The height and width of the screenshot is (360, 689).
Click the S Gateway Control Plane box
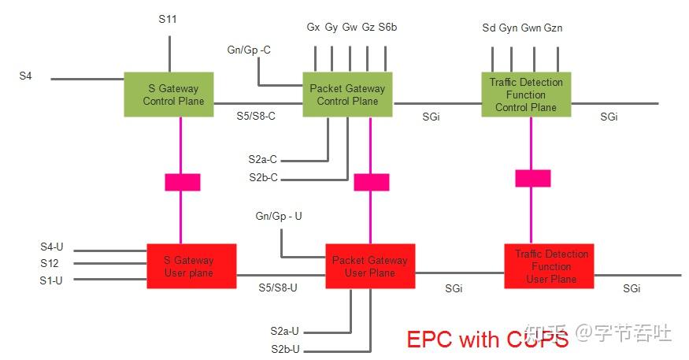click(169, 95)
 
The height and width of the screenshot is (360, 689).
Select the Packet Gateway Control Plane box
click(347, 95)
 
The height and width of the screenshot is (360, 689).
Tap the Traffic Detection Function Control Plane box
click(526, 95)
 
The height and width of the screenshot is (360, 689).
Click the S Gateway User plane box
click(191, 266)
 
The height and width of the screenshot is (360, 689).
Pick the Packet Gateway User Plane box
click(369, 266)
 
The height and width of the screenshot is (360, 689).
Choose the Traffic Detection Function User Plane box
click(549, 266)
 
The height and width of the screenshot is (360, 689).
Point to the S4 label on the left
click(25, 76)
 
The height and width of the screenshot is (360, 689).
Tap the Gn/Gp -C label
click(249, 50)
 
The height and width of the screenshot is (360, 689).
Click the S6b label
click(387, 28)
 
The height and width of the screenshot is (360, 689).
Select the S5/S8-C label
click(256, 116)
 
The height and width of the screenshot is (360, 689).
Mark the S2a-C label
click(263, 160)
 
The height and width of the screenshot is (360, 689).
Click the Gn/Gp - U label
click(279, 215)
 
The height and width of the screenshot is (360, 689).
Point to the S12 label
click(50, 263)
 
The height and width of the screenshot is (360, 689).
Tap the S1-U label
click(51, 280)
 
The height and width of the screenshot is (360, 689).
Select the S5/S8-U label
click(278, 288)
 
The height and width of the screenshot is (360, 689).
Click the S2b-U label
click(285, 349)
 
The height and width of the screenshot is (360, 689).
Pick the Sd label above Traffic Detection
click(488, 28)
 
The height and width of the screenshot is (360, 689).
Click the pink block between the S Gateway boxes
click(182, 182)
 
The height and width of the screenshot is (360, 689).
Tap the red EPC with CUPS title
click(487, 340)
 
